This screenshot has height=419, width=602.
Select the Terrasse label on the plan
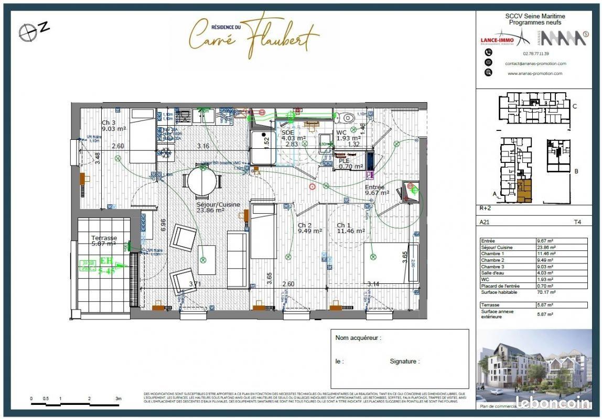(104, 238)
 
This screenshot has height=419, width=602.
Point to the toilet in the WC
(346, 117)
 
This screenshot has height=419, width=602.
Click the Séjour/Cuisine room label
(218, 204)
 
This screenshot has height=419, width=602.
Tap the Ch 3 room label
(108, 123)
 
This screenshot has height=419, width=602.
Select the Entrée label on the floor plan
(375, 187)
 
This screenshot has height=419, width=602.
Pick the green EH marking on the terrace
(106, 260)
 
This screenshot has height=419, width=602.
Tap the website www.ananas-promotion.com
(535, 73)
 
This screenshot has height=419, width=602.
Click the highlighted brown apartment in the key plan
(523, 191)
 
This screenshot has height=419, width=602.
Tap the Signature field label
(404, 361)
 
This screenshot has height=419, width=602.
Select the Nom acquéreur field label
(358, 338)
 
